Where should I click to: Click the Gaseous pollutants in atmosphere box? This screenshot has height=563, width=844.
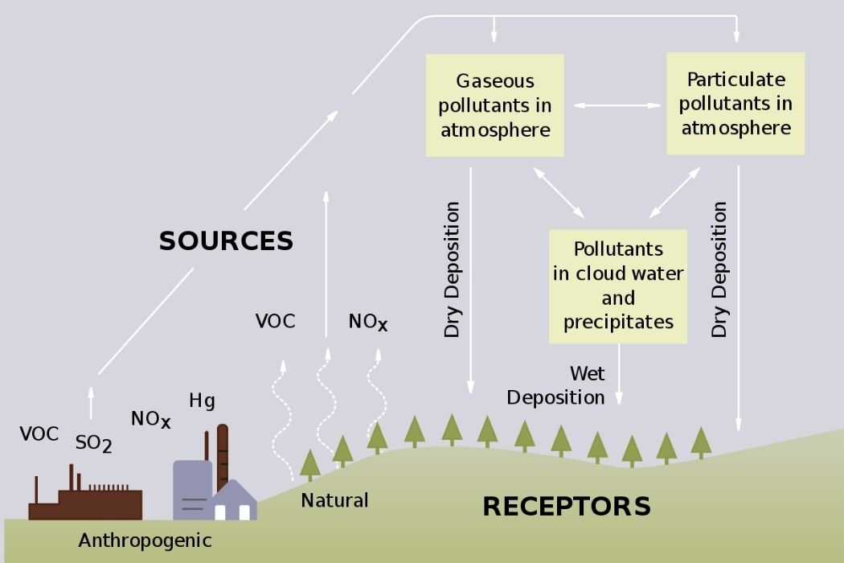[494, 105]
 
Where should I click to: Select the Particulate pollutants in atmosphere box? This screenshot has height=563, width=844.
[735, 104]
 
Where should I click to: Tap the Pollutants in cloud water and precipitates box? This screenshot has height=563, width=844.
[618, 286]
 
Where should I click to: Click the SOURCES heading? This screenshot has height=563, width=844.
[226, 240]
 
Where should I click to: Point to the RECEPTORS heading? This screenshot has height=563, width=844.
[566, 506]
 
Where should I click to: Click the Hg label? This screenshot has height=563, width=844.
[202, 400]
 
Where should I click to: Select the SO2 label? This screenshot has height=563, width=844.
[93, 442]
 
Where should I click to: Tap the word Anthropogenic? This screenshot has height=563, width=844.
[145, 540]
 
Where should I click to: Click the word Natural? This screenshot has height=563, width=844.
[334, 500]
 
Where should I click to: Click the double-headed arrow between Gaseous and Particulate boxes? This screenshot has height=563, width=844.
[616, 105]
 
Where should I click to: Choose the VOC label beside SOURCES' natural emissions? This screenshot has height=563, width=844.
[275, 322]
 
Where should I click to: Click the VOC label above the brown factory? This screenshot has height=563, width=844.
[39, 434]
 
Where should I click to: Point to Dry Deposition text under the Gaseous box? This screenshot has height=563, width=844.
[453, 269]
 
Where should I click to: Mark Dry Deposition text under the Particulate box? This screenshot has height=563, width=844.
[719, 269]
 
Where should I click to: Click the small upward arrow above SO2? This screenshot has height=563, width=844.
[91, 402]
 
